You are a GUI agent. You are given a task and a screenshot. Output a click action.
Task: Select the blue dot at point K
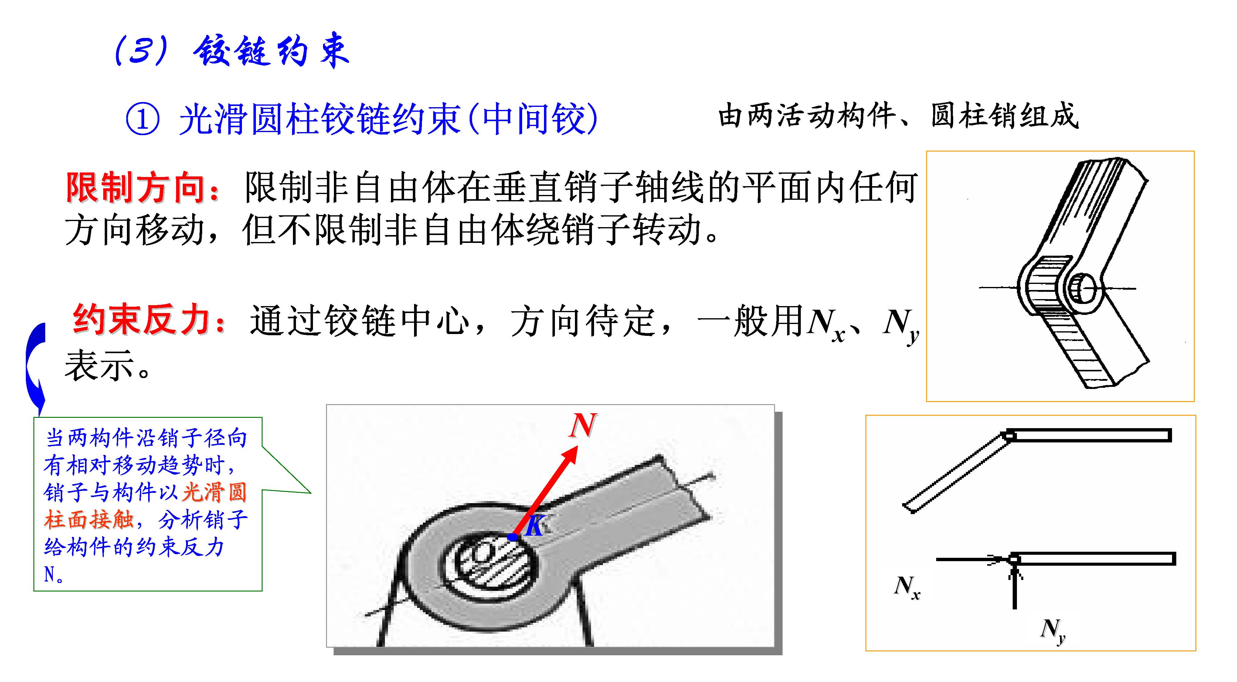[x=513, y=537]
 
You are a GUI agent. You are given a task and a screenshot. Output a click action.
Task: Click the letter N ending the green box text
[x=49, y=574]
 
